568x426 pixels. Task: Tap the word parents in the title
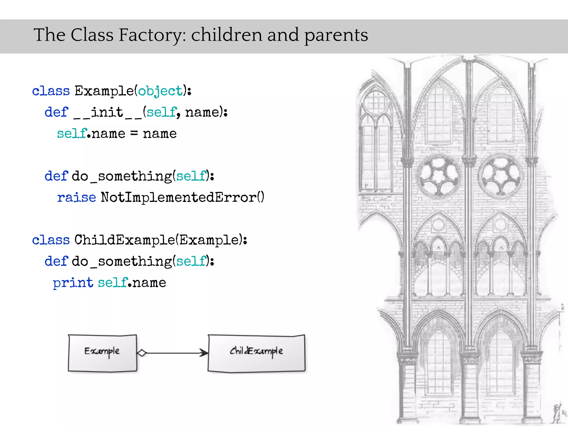(x=336, y=35)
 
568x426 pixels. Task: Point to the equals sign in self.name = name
(x=134, y=134)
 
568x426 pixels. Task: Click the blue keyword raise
(x=76, y=197)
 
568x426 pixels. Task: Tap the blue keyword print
(x=73, y=283)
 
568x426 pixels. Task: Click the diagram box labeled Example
(x=102, y=353)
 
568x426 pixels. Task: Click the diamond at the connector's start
(x=142, y=353)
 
